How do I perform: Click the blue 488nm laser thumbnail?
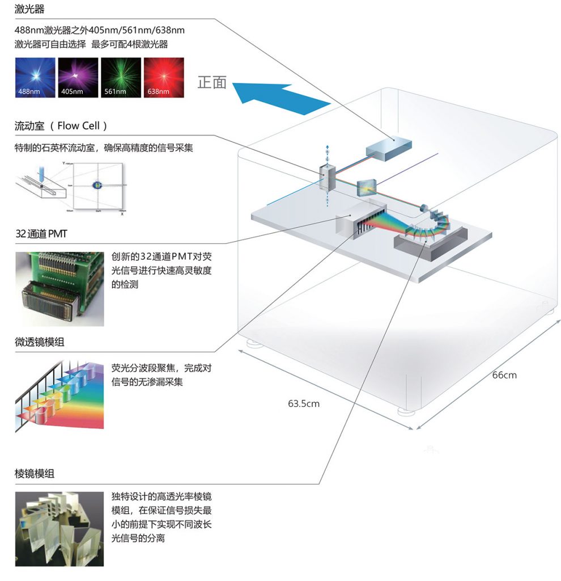coord(35,78)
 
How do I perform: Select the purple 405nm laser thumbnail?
coord(78,78)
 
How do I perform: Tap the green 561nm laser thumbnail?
coord(121,78)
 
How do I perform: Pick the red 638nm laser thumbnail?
coord(164,78)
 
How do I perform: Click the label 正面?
coord(212,83)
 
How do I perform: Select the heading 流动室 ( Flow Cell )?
coord(61,126)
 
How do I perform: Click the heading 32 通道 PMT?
coord(41,234)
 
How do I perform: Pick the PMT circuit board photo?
coord(59,288)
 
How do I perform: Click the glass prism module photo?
coord(59,529)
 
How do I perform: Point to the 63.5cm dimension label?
coord(304,404)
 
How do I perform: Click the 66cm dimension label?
coord(504,375)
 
